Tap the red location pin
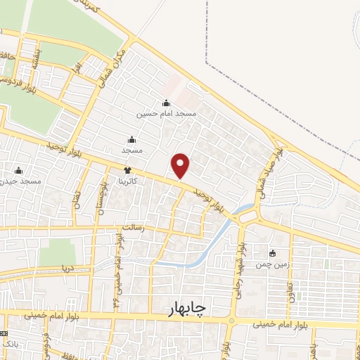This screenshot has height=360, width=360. pyautogui.click(x=181, y=165)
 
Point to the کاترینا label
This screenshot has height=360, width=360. pyautogui.click(x=131, y=180)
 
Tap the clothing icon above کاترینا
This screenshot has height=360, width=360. pyautogui.click(x=127, y=170)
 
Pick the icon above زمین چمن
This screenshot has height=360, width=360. pyautogui.click(x=273, y=253)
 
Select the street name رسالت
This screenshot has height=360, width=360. pyautogui.click(x=133, y=229)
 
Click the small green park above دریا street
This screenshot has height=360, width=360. pyautogui.click(x=56, y=252)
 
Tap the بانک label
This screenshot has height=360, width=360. pyautogui.click(x=9, y=345)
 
